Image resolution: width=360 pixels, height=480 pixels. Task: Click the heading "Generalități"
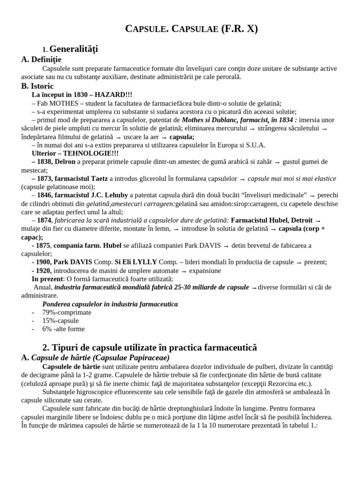click(x=73, y=49)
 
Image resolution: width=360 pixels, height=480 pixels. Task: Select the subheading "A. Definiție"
click(x=41, y=59)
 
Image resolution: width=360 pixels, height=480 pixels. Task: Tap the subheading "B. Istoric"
click(x=37, y=86)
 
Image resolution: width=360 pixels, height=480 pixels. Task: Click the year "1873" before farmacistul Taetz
click(x=46, y=179)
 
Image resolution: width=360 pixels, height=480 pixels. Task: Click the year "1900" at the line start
click(x=44, y=262)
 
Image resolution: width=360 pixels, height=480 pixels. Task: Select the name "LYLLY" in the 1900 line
click(x=144, y=262)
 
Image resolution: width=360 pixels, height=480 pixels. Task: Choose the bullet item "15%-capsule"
click(x=60, y=321)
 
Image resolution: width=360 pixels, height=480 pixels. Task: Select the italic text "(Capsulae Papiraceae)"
click(x=131, y=358)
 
